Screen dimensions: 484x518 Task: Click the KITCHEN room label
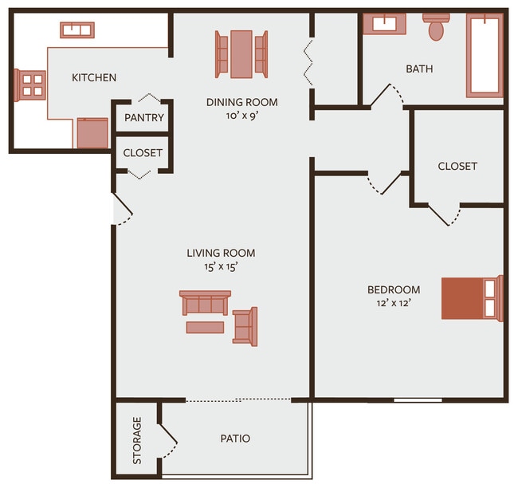[x=94, y=77]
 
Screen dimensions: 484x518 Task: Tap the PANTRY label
[x=144, y=118]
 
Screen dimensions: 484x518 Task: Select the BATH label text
[x=419, y=69]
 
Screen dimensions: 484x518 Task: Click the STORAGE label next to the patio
[x=137, y=440]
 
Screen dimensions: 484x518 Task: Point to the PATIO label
[x=235, y=439]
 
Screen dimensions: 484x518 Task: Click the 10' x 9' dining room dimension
[x=241, y=115]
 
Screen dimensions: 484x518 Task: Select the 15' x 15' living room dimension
[x=221, y=267]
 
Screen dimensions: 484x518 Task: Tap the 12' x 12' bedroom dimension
[x=393, y=303]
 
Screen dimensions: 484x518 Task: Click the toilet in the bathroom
[x=436, y=27]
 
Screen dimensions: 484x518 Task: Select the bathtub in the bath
[x=485, y=54]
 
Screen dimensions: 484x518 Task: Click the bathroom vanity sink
[x=384, y=23]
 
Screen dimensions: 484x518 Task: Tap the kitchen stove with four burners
[x=31, y=83]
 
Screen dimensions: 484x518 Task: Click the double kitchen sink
[x=77, y=30]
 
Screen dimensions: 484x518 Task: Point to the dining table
[x=241, y=54]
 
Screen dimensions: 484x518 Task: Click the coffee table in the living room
[x=205, y=327]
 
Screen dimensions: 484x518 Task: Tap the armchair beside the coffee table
[x=245, y=325]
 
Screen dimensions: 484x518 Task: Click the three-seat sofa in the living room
[x=205, y=303]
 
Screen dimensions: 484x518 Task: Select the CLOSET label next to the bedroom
[x=457, y=166]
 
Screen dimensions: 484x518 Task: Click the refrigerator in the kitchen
[x=92, y=132]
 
